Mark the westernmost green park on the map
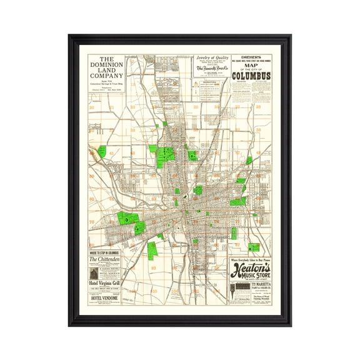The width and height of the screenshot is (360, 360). click(x=102, y=151)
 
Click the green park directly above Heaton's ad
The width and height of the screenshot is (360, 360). click(x=254, y=247)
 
